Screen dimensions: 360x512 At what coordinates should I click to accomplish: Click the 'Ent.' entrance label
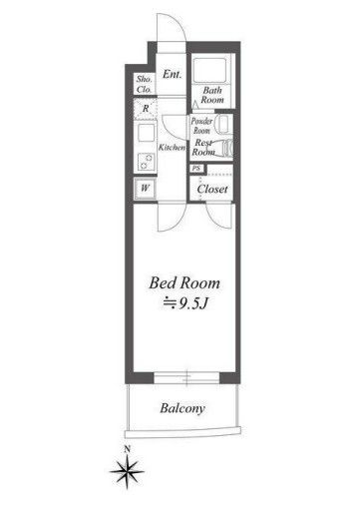(172, 74)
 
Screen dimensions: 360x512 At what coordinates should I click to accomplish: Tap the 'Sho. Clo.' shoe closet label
(145, 84)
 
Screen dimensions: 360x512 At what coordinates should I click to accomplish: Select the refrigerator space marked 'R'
(146, 109)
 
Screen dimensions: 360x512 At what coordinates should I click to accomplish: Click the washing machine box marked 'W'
(145, 189)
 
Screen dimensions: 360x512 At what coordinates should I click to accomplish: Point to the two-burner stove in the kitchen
(146, 162)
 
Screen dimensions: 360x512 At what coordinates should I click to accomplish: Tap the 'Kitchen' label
(172, 148)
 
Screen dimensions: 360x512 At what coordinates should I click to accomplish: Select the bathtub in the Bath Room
(209, 70)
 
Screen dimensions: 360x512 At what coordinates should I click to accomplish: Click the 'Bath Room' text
(212, 95)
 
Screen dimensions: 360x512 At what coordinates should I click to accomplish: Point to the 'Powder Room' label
(201, 126)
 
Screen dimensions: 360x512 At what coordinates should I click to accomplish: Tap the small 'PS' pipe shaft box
(196, 169)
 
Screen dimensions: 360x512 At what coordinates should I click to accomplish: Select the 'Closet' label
(212, 189)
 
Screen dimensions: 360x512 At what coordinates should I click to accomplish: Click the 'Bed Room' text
(184, 283)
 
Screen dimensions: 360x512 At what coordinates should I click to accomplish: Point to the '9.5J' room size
(193, 303)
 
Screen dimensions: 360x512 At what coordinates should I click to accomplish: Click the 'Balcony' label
(182, 408)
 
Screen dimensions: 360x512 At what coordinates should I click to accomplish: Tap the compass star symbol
(127, 471)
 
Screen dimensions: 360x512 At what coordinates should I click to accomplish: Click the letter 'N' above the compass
(127, 449)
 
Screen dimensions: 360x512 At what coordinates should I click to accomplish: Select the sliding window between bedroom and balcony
(186, 378)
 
